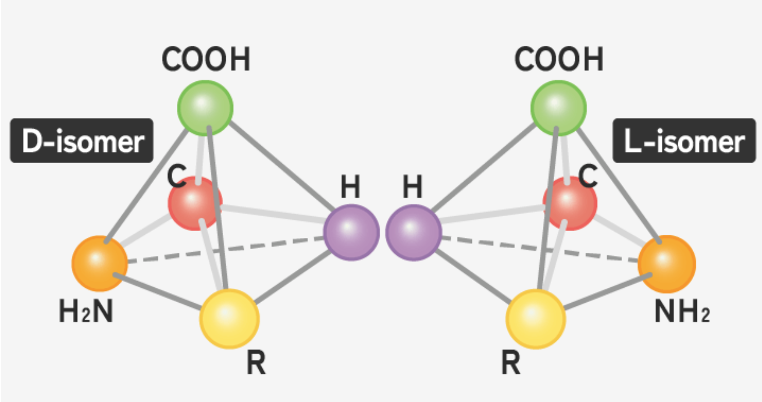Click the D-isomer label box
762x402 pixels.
[x=81, y=141]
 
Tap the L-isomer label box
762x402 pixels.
[x=684, y=141]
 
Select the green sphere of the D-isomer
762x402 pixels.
[x=205, y=108]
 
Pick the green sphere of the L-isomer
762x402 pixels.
[x=558, y=108]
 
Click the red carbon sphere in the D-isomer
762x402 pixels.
[x=195, y=203]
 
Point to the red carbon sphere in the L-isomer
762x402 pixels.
[x=570, y=203]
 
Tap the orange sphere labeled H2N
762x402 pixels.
[x=99, y=263]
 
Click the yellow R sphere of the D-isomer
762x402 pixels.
[x=229, y=318]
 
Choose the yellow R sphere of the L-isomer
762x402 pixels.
[x=535, y=318]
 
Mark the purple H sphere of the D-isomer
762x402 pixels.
[x=351, y=232]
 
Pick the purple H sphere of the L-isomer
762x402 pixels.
[x=413, y=232]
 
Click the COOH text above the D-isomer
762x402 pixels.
[x=206, y=59]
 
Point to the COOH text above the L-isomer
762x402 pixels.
[x=559, y=59]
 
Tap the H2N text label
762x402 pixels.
[x=85, y=311]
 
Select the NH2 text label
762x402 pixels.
[x=682, y=311]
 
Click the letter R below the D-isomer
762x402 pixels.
[x=256, y=362]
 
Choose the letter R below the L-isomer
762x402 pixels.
[x=511, y=362]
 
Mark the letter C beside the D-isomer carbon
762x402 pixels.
[x=176, y=176]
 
